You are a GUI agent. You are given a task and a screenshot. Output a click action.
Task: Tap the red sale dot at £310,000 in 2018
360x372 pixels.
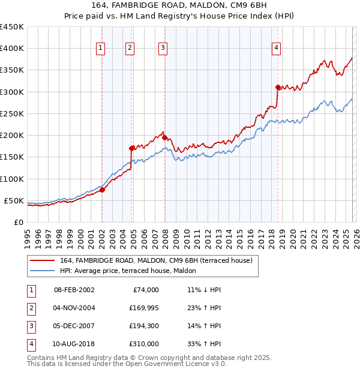(278, 87)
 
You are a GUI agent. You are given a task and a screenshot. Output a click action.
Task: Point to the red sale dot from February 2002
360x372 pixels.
(102, 190)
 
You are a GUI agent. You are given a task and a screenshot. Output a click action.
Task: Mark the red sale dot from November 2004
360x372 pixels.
(131, 148)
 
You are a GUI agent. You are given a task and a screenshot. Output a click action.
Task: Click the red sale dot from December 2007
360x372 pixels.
(164, 137)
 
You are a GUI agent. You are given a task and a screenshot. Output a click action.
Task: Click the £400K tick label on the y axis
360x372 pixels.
(12, 49)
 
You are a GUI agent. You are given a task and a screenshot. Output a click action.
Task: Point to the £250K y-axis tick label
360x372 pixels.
(12, 113)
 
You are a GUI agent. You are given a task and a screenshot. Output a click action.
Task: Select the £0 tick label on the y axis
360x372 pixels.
(18, 222)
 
